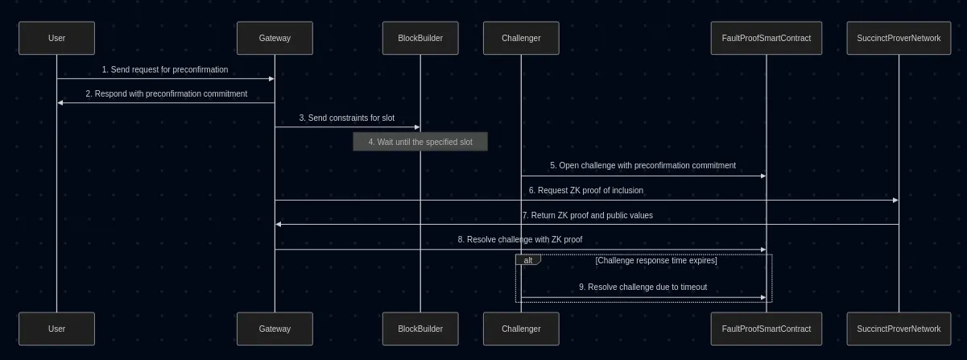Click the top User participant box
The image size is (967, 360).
tap(56, 38)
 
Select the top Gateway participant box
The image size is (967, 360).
tap(275, 38)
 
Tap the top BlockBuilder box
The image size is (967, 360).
tap(420, 38)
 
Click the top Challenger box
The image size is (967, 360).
tap(521, 38)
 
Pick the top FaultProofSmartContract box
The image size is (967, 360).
tap(766, 38)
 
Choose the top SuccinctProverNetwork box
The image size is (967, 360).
tap(899, 38)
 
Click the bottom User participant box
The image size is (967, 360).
tap(56, 329)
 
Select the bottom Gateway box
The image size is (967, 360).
tap(275, 329)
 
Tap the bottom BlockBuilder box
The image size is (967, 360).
tap(420, 329)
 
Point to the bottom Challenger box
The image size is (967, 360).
tap(521, 329)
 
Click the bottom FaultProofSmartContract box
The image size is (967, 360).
tap(766, 329)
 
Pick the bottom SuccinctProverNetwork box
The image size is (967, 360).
tap(899, 329)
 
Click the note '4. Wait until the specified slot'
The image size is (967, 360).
tap(420, 142)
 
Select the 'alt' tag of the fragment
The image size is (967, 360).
tap(528, 260)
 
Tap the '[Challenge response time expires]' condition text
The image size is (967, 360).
tap(655, 260)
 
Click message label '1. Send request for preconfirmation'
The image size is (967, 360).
tap(165, 69)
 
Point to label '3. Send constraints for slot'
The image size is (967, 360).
tap(347, 118)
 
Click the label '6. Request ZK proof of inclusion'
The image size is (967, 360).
tap(586, 190)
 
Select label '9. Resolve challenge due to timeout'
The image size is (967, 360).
tap(643, 287)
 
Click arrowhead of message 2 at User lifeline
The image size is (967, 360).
tap(60, 102)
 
